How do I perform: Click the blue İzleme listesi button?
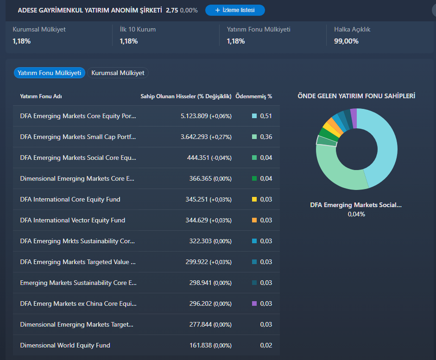[x=235, y=10]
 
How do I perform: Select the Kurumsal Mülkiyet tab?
[x=118, y=73]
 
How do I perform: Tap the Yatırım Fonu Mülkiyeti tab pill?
[x=50, y=73]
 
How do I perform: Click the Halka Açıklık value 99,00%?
[x=346, y=41]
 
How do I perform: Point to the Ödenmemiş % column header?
[x=253, y=96]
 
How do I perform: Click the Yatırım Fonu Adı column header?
[x=41, y=96]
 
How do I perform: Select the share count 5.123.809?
[x=194, y=116]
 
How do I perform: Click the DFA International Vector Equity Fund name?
[x=73, y=220]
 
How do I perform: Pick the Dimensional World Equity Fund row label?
[x=65, y=345]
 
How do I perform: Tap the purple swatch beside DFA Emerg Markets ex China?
[x=254, y=303]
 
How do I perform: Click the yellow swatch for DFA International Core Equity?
[x=254, y=199]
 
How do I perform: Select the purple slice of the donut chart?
[x=354, y=118]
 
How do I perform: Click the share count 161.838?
[x=201, y=345]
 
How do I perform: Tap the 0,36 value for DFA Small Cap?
[x=266, y=137]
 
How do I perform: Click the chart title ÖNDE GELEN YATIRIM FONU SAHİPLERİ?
[x=356, y=96]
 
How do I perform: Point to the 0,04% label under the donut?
[x=356, y=214]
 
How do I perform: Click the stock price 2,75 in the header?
[x=172, y=10]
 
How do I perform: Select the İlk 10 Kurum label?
[x=138, y=29]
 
